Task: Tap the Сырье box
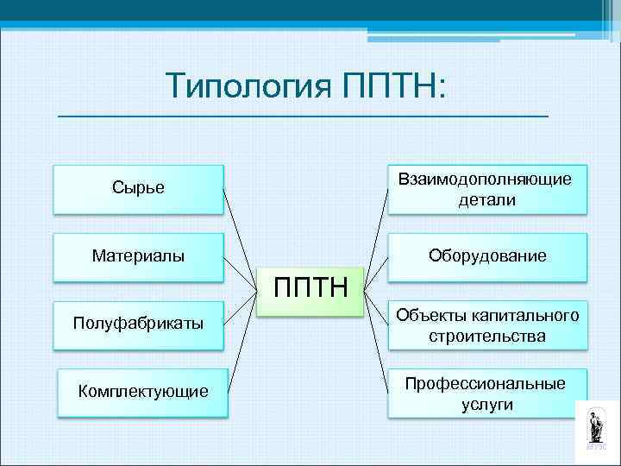click(x=138, y=188)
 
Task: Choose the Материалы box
click(x=138, y=256)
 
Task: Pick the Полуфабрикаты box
click(x=138, y=324)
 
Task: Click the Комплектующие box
click(x=143, y=392)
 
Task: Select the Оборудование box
click(x=487, y=256)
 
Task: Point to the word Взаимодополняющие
click(x=485, y=179)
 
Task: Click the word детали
click(x=487, y=199)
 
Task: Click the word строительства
click(x=487, y=336)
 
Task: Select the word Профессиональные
click(x=486, y=383)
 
